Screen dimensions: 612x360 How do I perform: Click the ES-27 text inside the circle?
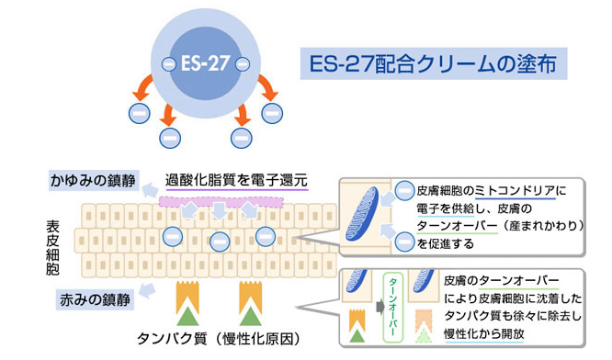click(205, 63)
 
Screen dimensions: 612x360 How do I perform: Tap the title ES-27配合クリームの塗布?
click(433, 63)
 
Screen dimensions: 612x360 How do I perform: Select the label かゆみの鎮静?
click(93, 181)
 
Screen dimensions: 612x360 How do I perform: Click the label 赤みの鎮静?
click(95, 299)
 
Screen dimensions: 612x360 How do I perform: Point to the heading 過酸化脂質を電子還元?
click(236, 180)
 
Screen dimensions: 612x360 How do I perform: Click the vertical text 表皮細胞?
click(52, 248)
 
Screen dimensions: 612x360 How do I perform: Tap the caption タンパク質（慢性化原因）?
click(219, 339)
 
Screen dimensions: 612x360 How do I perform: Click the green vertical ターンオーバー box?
click(392, 308)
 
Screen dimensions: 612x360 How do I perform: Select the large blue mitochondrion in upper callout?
click(362, 214)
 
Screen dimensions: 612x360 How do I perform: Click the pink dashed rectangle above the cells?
click(221, 202)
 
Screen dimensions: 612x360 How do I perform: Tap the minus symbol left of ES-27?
click(168, 64)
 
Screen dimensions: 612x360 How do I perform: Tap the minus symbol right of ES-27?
click(243, 64)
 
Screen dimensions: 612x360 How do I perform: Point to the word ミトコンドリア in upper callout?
click(515, 191)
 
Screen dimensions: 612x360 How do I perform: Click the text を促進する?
click(446, 244)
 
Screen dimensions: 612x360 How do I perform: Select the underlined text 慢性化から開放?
click(484, 334)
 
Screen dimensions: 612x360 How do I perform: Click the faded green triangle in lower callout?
click(424, 335)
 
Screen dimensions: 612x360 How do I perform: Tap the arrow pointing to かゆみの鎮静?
click(150, 191)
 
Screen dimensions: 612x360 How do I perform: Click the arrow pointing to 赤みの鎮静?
click(147, 291)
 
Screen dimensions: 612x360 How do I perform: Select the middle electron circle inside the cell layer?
click(220, 242)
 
